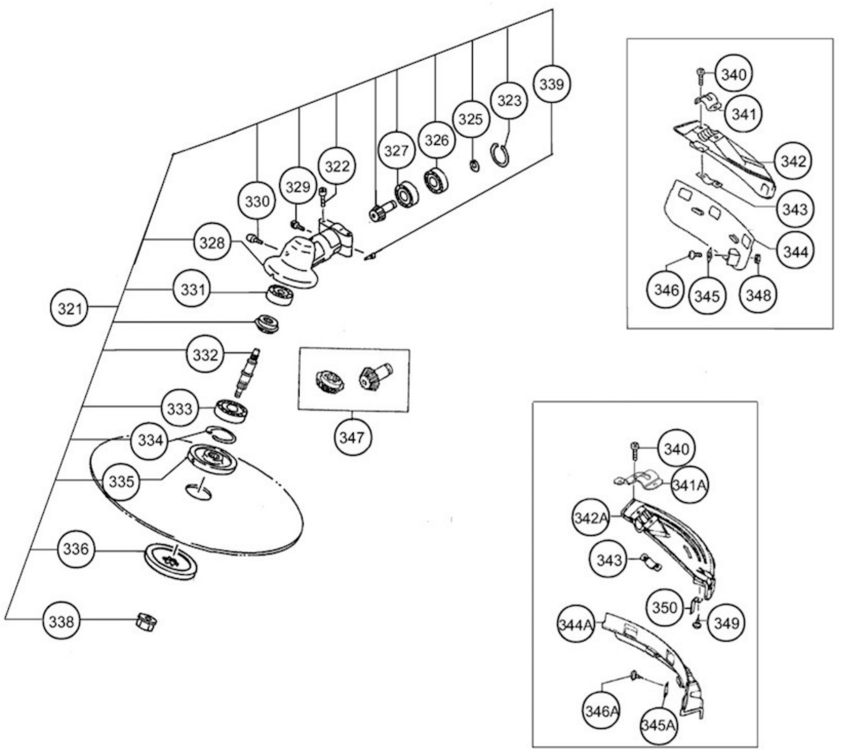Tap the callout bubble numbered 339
coord(552,84)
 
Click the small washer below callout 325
coord(475,166)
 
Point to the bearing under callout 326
coord(436,181)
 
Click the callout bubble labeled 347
coord(352,438)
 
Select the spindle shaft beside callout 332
coord(248,372)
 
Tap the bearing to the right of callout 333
coord(231,410)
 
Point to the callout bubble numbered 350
coord(665,608)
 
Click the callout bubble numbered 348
coord(758,295)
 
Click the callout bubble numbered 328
coord(212,243)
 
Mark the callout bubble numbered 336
coord(75,549)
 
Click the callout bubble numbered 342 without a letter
coord(793,161)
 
